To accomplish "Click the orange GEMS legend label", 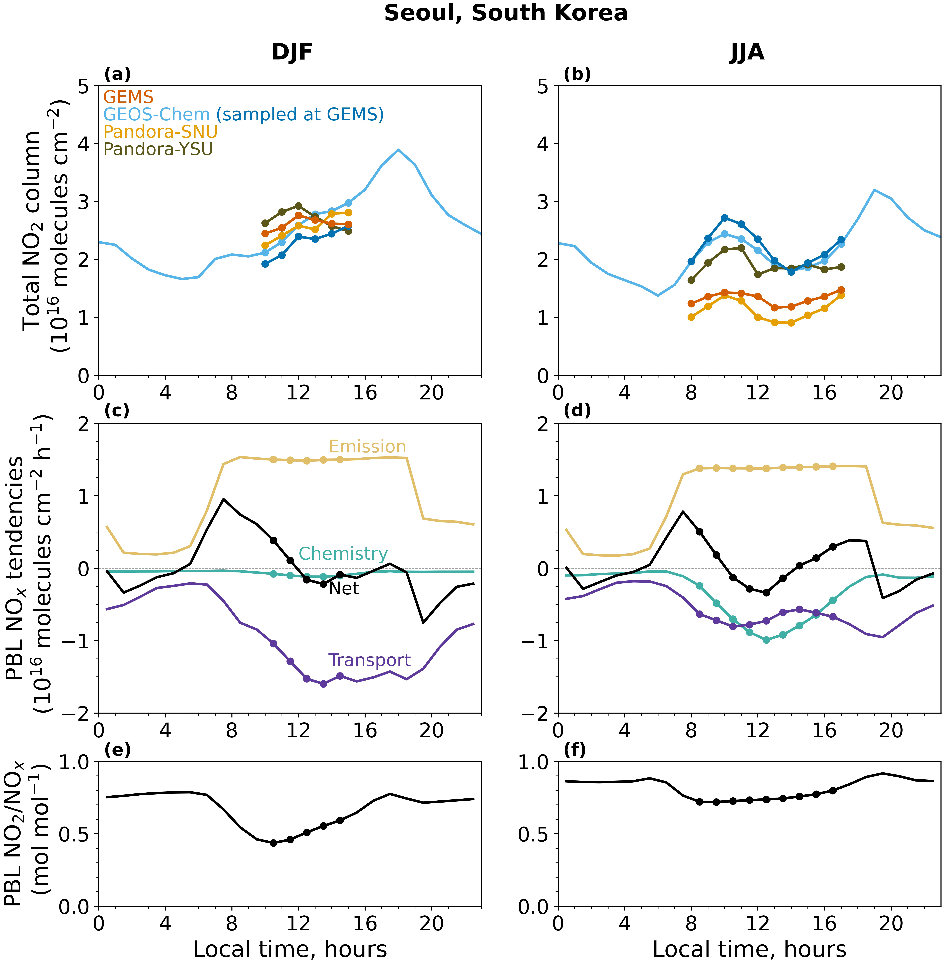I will tap(128, 97).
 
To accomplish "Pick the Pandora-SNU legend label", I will tap(160, 131).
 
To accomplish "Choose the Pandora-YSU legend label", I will tap(158, 149).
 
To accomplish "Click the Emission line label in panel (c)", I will tap(367, 447).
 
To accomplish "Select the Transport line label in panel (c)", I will tap(369, 660).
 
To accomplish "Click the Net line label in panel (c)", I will tap(344, 589).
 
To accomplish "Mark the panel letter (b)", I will tap(577, 74).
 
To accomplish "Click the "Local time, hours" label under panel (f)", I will tap(749, 949).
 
